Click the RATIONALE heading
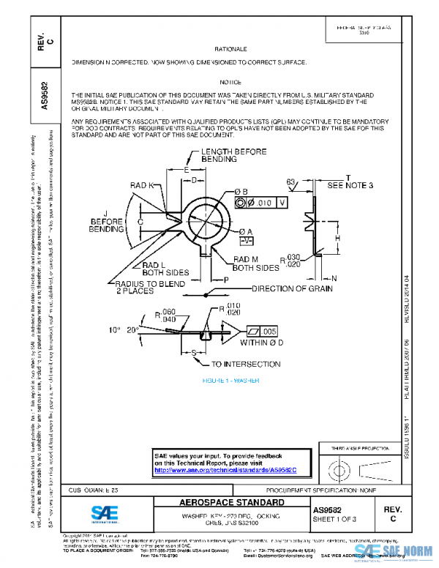coord(233,48)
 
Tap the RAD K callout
coord(141,185)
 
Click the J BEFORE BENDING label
coord(106,222)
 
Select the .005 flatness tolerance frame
coord(264,331)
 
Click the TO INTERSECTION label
coord(245,364)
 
